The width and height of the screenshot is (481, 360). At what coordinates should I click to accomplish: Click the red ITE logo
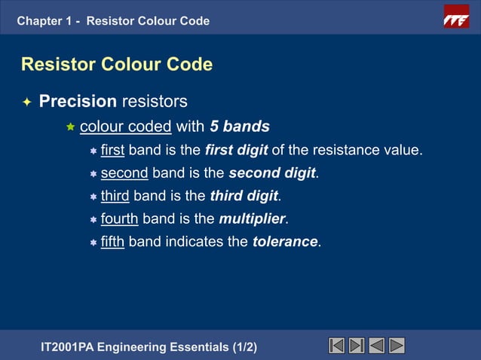click(456, 16)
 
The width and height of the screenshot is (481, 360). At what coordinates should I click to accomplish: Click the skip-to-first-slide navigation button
click(338, 346)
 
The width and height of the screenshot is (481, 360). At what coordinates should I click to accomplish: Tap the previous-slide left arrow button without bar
click(377, 346)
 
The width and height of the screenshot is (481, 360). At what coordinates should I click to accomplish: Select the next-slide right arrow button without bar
click(397, 346)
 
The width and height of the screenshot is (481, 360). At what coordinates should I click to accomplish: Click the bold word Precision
click(78, 101)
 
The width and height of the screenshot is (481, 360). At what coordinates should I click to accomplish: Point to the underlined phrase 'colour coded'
click(126, 126)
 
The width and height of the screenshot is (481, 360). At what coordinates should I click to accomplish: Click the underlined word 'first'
click(112, 151)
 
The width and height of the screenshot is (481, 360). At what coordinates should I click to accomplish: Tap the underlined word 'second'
click(124, 173)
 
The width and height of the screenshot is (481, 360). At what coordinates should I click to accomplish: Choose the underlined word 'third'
click(115, 197)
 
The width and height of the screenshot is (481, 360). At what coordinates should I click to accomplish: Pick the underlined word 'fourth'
click(119, 219)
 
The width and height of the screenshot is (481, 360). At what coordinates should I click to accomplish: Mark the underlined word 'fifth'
click(112, 243)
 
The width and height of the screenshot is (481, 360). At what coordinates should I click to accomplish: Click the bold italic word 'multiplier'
click(253, 219)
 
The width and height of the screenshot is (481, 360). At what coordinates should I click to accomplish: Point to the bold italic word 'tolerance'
click(286, 243)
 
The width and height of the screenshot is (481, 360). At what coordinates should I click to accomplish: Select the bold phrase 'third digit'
click(244, 197)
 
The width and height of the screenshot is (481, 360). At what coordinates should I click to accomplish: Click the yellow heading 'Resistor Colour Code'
click(117, 65)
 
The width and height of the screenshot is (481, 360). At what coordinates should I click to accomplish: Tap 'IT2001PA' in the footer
click(75, 347)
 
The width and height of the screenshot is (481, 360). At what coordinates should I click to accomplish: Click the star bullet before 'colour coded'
click(71, 127)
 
